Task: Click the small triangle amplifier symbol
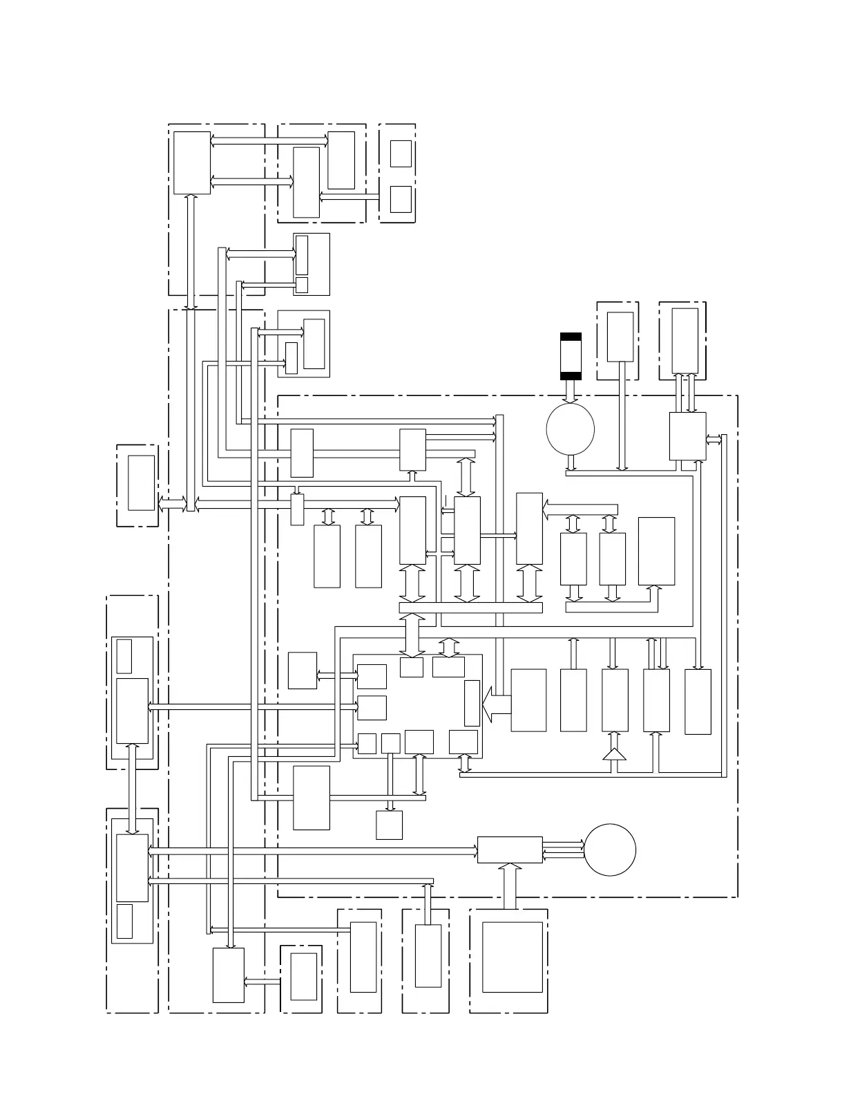pyautogui.click(x=614, y=754)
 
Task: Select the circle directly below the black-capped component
pyautogui.click(x=570, y=429)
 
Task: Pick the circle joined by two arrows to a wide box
pyautogui.click(x=610, y=850)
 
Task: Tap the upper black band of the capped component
pyautogui.click(x=571, y=337)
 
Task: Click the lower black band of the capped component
pyautogui.click(x=571, y=376)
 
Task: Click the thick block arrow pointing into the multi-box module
pyautogui.click(x=496, y=704)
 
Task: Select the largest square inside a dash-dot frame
pyautogui.click(x=512, y=957)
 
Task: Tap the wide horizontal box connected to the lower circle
pyautogui.click(x=510, y=850)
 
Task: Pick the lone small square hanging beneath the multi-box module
pyautogui.click(x=389, y=825)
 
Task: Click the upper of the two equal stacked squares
pyautogui.click(x=401, y=153)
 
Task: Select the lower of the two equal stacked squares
pyautogui.click(x=401, y=199)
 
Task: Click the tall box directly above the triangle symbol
pyautogui.click(x=615, y=700)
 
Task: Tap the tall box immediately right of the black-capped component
pyautogui.click(x=620, y=337)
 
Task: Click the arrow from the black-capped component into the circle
pyautogui.click(x=571, y=392)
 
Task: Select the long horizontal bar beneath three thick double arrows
pyautogui.click(x=470, y=608)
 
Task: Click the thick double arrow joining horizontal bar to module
pyautogui.click(x=413, y=635)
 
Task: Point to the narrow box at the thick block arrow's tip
pyautogui.click(x=472, y=703)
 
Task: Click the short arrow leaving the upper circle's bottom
pyautogui.click(x=571, y=462)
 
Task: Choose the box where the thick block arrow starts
pyautogui.click(x=528, y=700)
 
